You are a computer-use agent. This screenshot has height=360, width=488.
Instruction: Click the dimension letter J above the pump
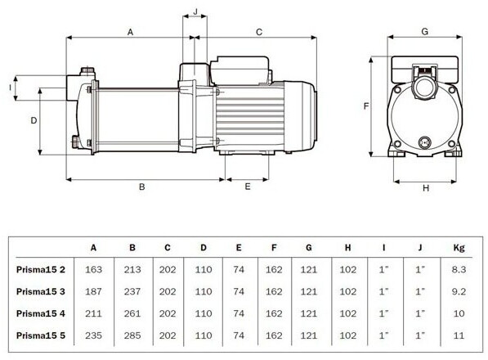coord(195,11)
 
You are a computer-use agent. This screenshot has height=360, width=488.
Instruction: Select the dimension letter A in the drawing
coord(131,32)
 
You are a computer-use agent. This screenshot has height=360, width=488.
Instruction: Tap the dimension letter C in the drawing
coord(259,32)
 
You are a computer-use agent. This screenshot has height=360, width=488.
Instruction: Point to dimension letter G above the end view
coord(424,31)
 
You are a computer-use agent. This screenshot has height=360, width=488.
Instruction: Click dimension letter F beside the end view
coord(366,106)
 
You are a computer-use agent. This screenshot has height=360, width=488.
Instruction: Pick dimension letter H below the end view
coord(426,188)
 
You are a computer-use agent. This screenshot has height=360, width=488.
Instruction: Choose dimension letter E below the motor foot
coord(248,187)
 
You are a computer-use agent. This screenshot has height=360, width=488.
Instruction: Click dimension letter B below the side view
coord(142,187)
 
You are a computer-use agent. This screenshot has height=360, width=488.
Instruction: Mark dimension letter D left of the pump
coord(34,120)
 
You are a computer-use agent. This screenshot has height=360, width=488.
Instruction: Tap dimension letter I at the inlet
coord(11,88)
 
